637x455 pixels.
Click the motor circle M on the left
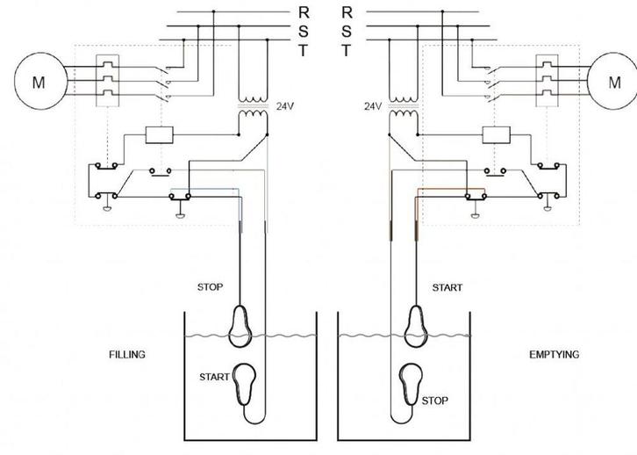pos(37,83)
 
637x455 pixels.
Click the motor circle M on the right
pos(612,83)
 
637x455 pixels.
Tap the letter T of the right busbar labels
pos(347,51)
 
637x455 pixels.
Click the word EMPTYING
pos(553,355)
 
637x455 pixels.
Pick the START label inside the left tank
pos(215,377)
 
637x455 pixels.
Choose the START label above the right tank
pos(447,287)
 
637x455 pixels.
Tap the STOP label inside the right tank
pos(435,400)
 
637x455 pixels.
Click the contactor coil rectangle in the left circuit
pos(161,134)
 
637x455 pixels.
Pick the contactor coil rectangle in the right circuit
pos(497,134)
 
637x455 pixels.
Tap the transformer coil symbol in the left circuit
pos(254,106)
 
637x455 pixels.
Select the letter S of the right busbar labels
pos(347,32)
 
